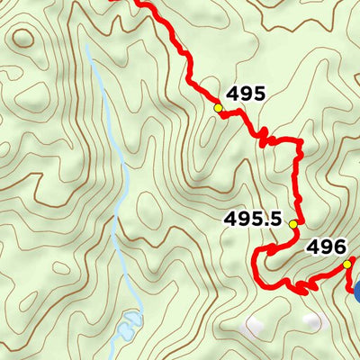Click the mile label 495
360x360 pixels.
click(246, 93)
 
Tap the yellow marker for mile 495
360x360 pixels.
click(218, 107)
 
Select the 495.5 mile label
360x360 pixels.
click(252, 220)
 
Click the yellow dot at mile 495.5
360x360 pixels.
click(292, 224)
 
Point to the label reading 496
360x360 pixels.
click(326, 246)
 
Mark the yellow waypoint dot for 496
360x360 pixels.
click(347, 264)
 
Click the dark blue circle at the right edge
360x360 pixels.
click(356, 290)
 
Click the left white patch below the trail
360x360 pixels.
click(257, 322)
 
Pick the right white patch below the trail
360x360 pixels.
click(312, 320)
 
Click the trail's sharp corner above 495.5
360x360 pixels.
click(297, 141)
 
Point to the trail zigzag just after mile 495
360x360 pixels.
click(262, 137)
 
